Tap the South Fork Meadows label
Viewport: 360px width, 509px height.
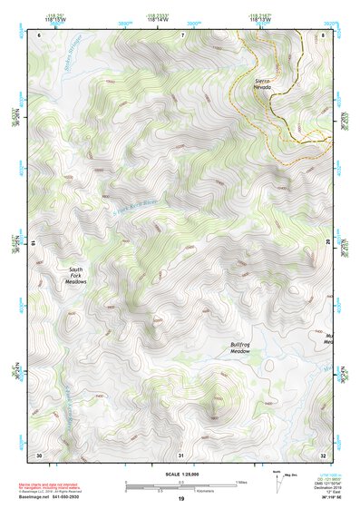click(77, 276)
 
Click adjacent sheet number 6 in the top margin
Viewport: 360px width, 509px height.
click(39, 34)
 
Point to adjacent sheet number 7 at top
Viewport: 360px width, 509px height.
click(181, 34)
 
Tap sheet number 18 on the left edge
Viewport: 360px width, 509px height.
click(34, 243)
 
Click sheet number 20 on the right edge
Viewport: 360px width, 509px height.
click(327, 243)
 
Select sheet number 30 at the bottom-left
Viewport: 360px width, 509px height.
click(39, 454)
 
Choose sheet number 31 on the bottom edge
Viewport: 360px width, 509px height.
click(181, 454)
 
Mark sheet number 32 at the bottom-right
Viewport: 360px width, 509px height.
click(323, 454)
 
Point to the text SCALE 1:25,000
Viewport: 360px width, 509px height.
click(180, 475)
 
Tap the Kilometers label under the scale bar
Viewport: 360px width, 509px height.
click(213, 491)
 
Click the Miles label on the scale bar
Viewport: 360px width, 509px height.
click(241, 481)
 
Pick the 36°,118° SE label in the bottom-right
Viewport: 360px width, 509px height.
click(328, 498)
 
